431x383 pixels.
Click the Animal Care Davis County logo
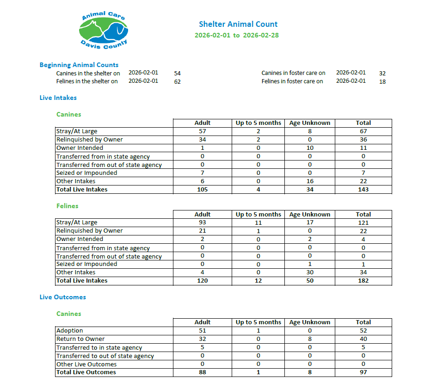pyautogui.click(x=103, y=30)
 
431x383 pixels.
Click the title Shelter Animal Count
pyautogui.click(x=238, y=24)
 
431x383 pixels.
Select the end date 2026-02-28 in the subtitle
pyautogui.click(x=261, y=36)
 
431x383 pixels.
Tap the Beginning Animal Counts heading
pyautogui.click(x=79, y=65)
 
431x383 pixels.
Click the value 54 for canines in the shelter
pyautogui.click(x=178, y=74)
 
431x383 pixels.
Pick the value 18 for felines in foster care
pyautogui.click(x=382, y=82)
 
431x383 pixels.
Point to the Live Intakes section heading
pyautogui.click(x=58, y=98)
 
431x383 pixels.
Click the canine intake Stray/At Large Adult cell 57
pyautogui.click(x=203, y=131)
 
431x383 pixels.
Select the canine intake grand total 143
pyautogui.click(x=363, y=190)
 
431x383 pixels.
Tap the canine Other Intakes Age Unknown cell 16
pyautogui.click(x=309, y=181)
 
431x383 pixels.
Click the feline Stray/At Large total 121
pyautogui.click(x=363, y=222)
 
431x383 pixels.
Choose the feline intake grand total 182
pyautogui.click(x=363, y=281)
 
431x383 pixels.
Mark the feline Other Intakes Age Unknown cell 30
pyautogui.click(x=309, y=272)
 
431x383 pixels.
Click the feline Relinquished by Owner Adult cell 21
pyautogui.click(x=203, y=231)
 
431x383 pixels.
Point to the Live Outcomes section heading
pyautogui.click(x=62, y=297)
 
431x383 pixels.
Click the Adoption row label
pyautogui.click(x=70, y=331)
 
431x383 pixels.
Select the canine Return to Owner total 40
pyautogui.click(x=363, y=339)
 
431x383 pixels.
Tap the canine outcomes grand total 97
pyautogui.click(x=363, y=372)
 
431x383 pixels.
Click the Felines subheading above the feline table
pyautogui.click(x=68, y=206)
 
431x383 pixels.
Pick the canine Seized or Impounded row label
pyautogui.click(x=86, y=173)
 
